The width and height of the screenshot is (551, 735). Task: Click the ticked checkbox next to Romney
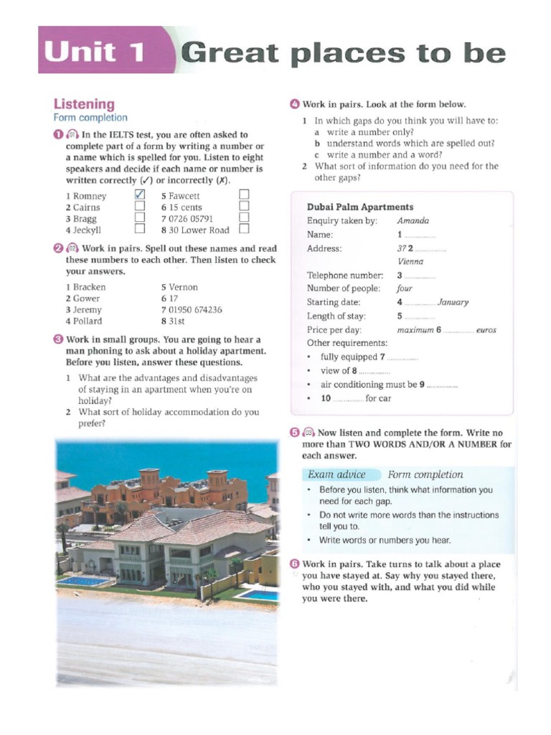point(140,195)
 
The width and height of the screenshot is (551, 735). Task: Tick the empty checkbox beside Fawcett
point(244,195)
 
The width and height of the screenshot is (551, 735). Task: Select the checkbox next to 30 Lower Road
point(244,230)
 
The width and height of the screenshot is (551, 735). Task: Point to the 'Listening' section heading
point(84,104)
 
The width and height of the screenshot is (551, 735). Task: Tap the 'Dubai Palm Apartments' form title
point(360,207)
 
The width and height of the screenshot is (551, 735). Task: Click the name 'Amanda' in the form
point(413,221)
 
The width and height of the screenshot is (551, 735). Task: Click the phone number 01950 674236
point(195,310)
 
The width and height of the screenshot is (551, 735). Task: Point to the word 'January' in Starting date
point(453,302)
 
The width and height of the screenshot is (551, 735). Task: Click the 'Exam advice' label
point(336,474)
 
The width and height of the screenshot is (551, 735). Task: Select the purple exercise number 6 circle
point(294,564)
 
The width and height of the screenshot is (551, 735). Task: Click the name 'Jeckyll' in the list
point(88,230)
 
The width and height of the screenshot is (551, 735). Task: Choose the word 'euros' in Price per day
point(486,330)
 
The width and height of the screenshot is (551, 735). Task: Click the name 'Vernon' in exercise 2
point(184,287)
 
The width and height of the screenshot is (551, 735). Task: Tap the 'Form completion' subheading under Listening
point(90,118)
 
